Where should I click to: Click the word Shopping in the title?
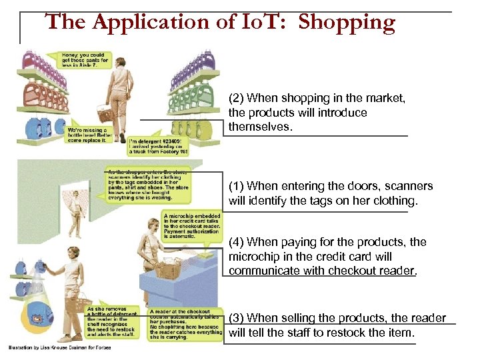pos(347,23)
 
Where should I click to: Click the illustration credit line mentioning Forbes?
pos(64,347)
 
